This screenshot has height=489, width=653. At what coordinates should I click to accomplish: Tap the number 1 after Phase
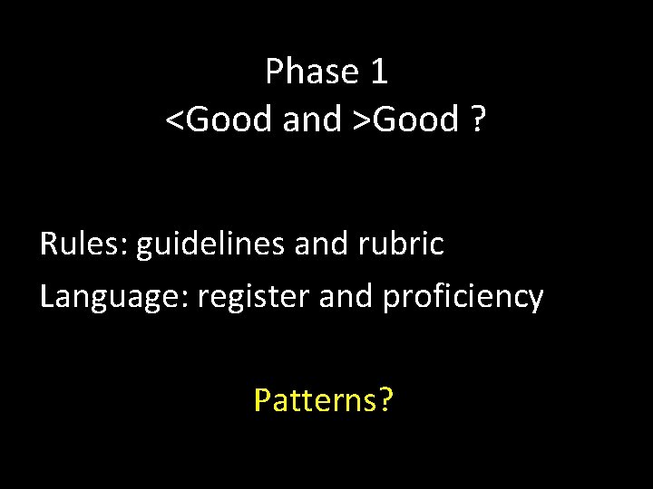(379, 72)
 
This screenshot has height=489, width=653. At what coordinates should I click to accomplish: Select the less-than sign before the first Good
(173, 120)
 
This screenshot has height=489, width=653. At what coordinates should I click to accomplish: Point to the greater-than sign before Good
(362, 120)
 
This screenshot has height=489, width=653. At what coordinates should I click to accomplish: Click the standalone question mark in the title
(478, 120)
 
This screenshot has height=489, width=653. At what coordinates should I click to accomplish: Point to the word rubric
(409, 244)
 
